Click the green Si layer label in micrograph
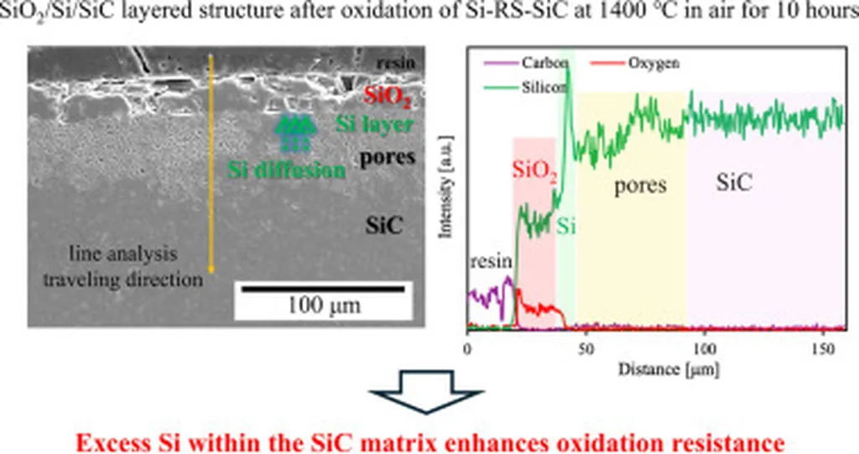374,125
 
